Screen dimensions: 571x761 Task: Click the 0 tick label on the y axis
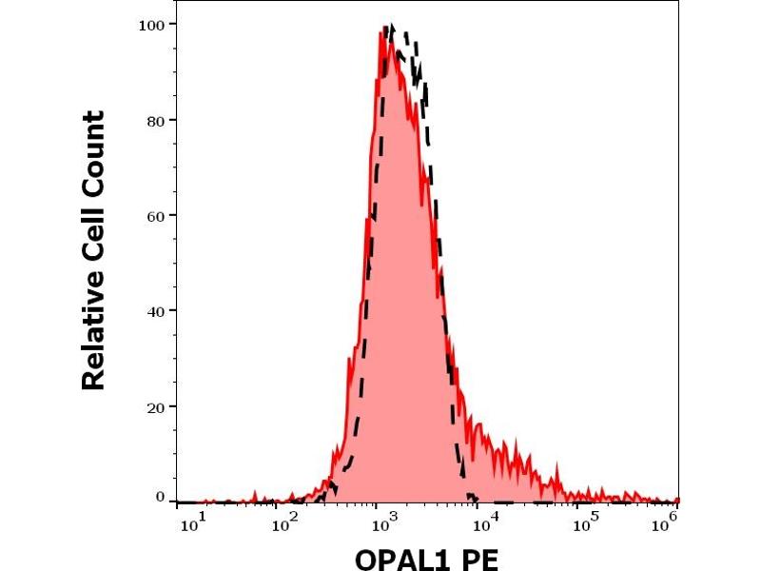pos(159,497)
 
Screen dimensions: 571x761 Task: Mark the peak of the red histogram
pos(382,30)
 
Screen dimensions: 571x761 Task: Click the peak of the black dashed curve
pos(393,27)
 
